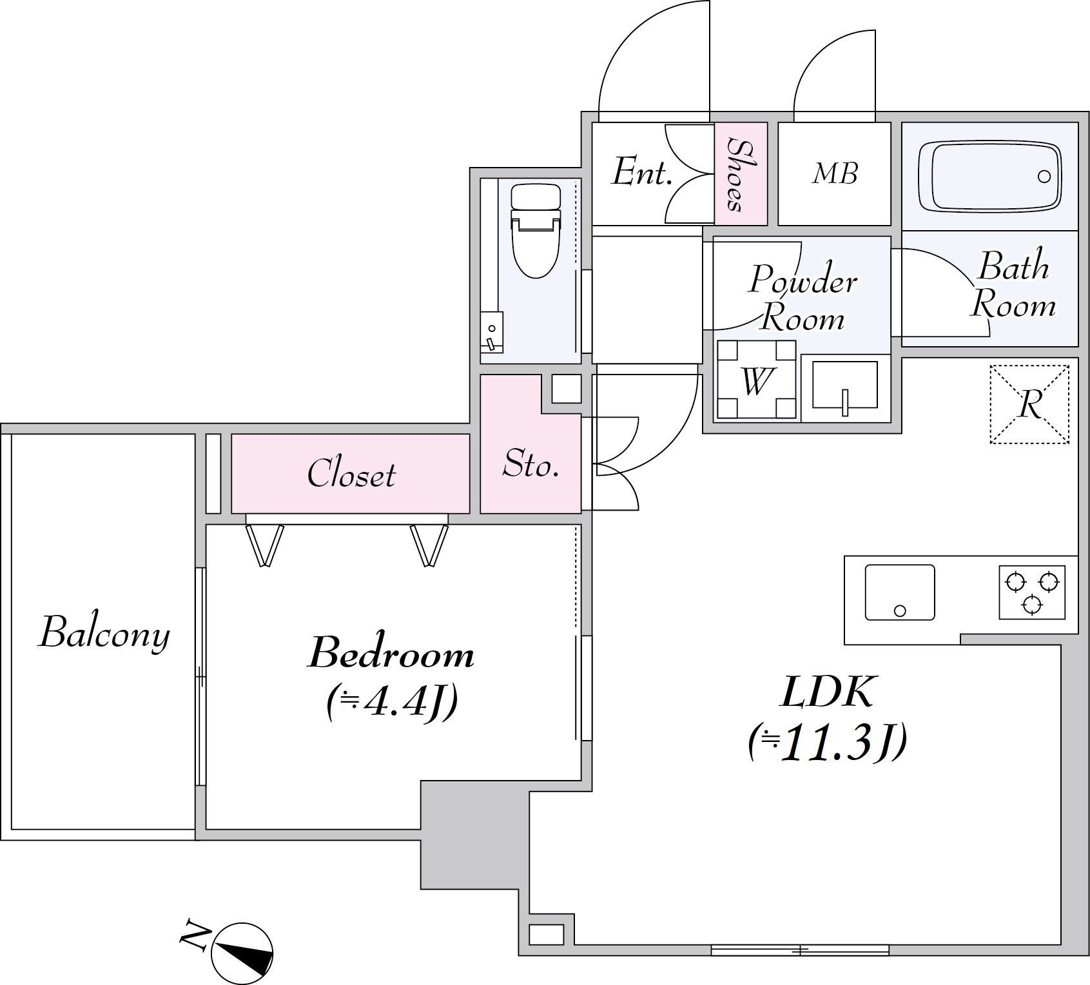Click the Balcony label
point(105,632)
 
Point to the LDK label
point(828,692)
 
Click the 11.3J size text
point(828,743)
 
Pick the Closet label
point(351,474)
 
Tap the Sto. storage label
point(530,463)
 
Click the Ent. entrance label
point(642,172)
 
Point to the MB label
point(835,173)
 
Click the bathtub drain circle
point(1044,177)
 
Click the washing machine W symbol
point(756,380)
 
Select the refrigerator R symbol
point(1029,405)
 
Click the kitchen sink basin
point(900,592)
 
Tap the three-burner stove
point(1032,592)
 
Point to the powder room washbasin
point(845,385)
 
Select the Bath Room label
point(1013,286)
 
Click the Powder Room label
point(803,297)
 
